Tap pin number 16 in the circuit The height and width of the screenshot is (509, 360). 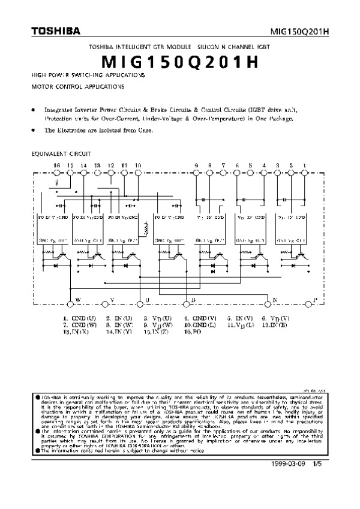pyautogui.click(x=57, y=165)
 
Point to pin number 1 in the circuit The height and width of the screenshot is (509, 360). pyautogui.click(x=305, y=165)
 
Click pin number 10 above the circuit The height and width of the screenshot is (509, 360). pyautogui.click(x=139, y=165)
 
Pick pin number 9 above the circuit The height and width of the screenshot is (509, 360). pyautogui.click(x=196, y=165)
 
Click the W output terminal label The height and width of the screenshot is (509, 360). pyautogui.click(x=78, y=300)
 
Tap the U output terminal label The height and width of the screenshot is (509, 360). pyautogui.click(x=148, y=300)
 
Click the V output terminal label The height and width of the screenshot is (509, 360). pyautogui.click(x=112, y=300)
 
